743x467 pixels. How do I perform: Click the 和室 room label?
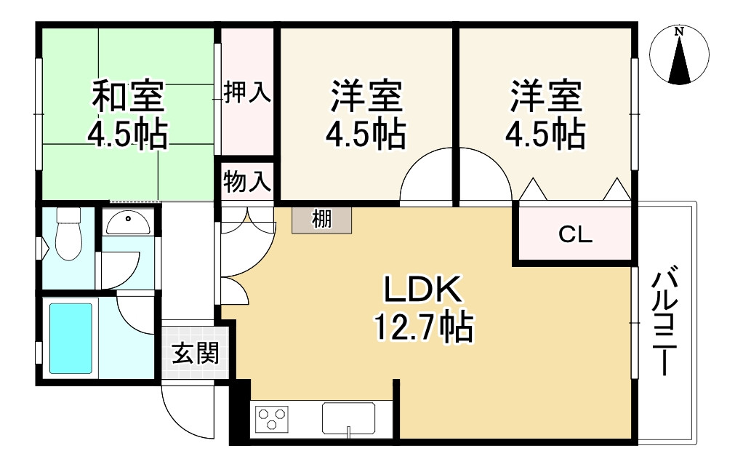(128, 96)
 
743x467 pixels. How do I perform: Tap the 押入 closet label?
(247, 92)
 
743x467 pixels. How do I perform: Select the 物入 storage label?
(247, 182)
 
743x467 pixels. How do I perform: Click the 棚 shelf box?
(322, 220)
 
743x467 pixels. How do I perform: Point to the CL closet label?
(575, 234)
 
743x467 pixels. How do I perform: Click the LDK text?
(422, 290)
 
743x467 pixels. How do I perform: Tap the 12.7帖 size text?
(425, 327)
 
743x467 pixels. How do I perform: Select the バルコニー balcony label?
(664, 322)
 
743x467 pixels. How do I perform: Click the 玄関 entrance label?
(196, 354)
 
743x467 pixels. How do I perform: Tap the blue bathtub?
(71, 338)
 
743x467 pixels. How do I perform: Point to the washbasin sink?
(128, 223)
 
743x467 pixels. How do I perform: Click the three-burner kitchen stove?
(272, 420)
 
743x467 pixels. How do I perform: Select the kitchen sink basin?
(349, 419)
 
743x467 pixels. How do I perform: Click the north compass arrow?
(680, 59)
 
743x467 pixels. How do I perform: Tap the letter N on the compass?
(680, 32)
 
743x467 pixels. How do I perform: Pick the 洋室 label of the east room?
(546, 96)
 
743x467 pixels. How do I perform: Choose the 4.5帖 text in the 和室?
(128, 135)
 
